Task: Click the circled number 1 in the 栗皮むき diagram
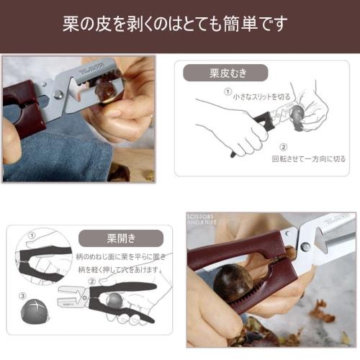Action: (228, 92)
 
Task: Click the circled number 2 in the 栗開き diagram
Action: (92, 282)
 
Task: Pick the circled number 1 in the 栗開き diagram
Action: (31, 235)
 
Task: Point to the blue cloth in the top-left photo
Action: (50, 155)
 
